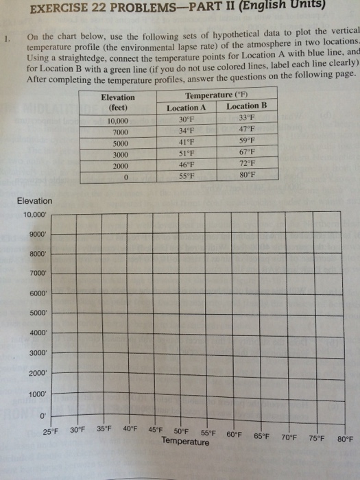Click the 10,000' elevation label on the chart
point(34,215)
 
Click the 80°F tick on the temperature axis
point(345,439)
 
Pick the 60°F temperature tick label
point(235,434)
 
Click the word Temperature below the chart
point(185,442)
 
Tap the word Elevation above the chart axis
point(34,201)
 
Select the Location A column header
point(186,108)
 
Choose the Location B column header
point(243,106)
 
